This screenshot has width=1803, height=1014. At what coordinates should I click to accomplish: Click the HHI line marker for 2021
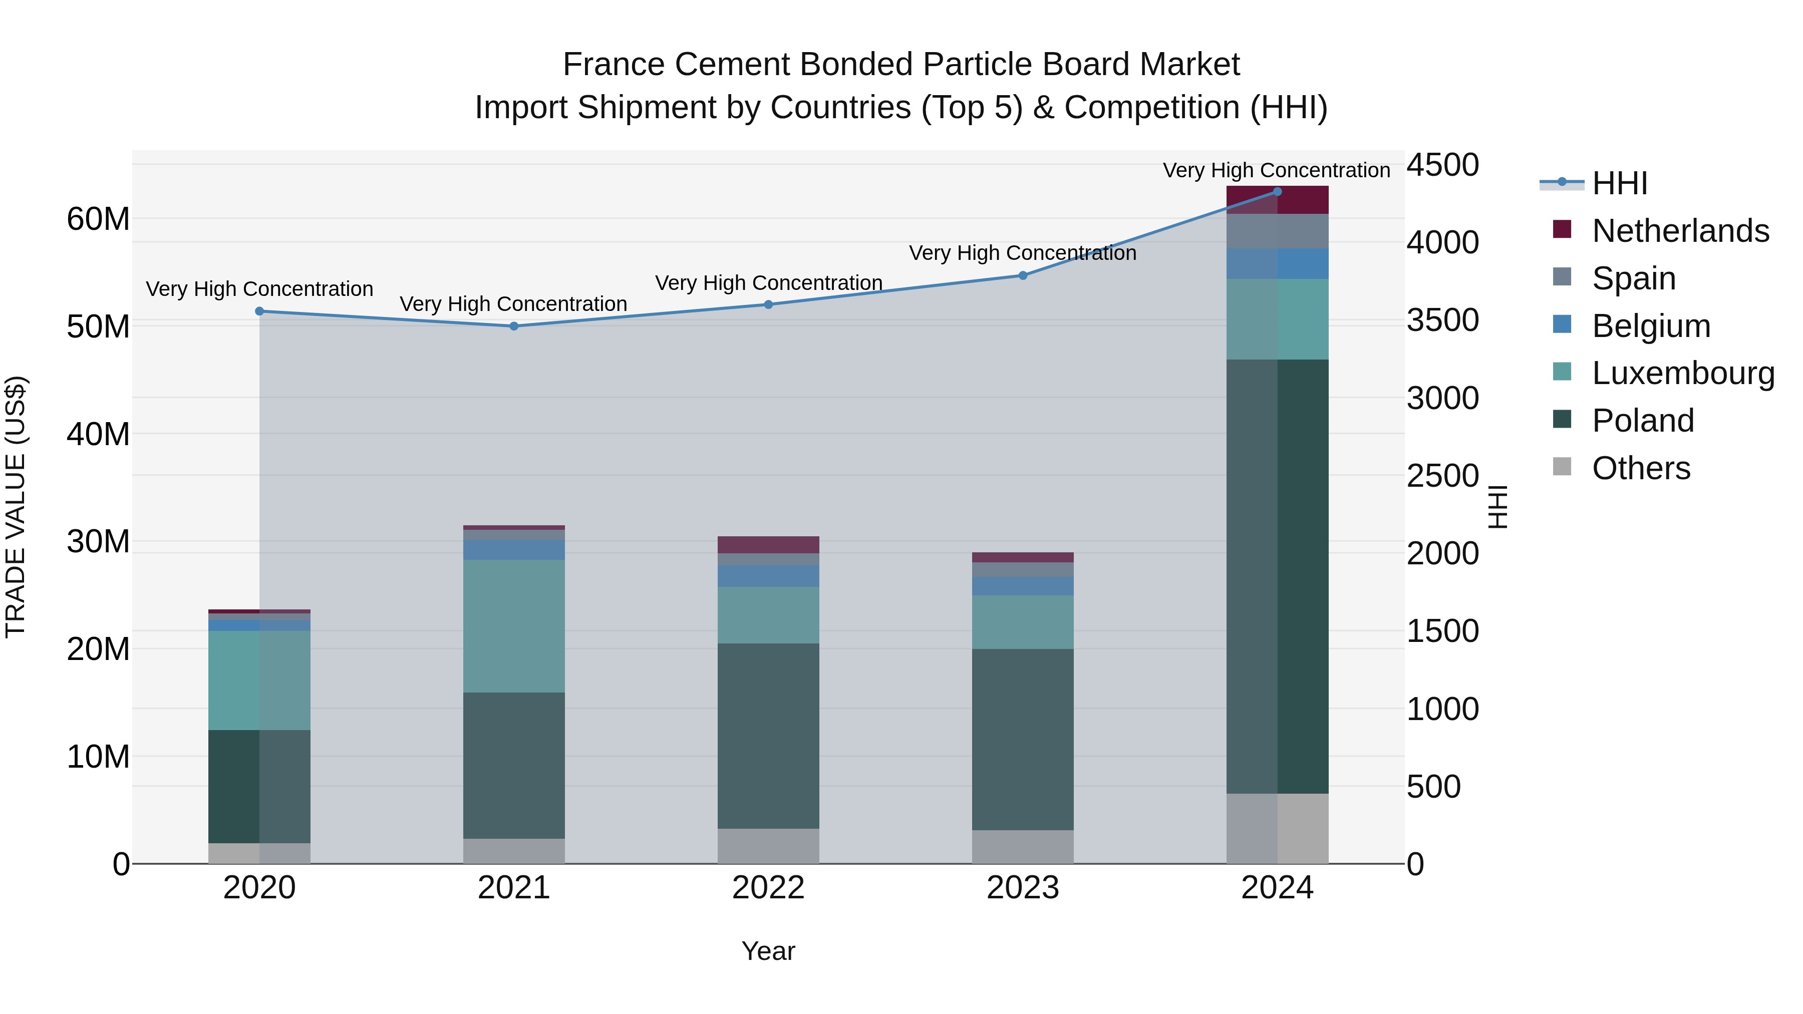(x=514, y=326)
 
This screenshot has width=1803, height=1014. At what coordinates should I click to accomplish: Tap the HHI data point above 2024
(x=1277, y=192)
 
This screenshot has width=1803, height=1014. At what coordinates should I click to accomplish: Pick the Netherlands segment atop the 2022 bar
(x=768, y=544)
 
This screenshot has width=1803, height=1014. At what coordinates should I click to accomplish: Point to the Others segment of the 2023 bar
(x=1023, y=847)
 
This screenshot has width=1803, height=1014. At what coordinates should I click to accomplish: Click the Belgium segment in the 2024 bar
(x=1277, y=264)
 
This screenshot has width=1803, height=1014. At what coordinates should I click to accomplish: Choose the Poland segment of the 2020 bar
(x=259, y=787)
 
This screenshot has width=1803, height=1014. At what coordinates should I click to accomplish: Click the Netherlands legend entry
(x=1680, y=230)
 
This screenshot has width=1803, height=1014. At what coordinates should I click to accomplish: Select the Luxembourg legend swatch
(x=1562, y=372)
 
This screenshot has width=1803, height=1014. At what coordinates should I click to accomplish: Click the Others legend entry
(x=1641, y=468)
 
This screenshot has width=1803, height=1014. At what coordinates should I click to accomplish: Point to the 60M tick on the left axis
(x=98, y=219)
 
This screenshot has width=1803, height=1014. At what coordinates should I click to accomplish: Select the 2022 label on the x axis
(x=768, y=888)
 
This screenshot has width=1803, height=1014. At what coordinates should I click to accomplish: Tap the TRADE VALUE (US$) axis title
(x=16, y=507)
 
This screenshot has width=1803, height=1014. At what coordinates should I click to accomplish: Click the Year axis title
(x=768, y=951)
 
